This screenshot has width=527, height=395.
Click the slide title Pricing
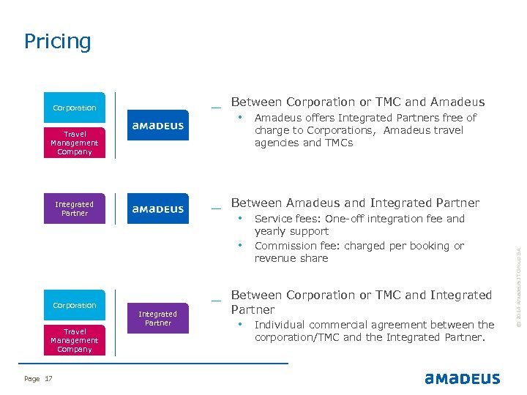[x=58, y=41]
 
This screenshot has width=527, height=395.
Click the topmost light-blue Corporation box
[x=75, y=108]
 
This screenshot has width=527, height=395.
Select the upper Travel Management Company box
[x=75, y=143]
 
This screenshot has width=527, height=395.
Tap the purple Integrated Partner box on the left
[x=75, y=208]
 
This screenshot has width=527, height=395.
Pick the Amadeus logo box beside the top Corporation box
[x=158, y=126]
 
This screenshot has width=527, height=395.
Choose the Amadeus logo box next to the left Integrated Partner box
[x=158, y=208]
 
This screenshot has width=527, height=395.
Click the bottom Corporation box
[x=75, y=305]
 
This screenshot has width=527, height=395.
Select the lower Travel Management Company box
[x=75, y=340]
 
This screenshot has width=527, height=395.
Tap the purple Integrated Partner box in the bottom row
[x=158, y=318]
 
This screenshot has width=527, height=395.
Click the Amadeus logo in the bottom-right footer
[x=462, y=378]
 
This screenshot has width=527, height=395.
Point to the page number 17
[x=49, y=378]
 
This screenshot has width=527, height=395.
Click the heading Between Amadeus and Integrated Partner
[x=355, y=203]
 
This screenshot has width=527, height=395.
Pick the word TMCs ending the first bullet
[x=337, y=143]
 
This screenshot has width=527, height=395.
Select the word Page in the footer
[x=32, y=378]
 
